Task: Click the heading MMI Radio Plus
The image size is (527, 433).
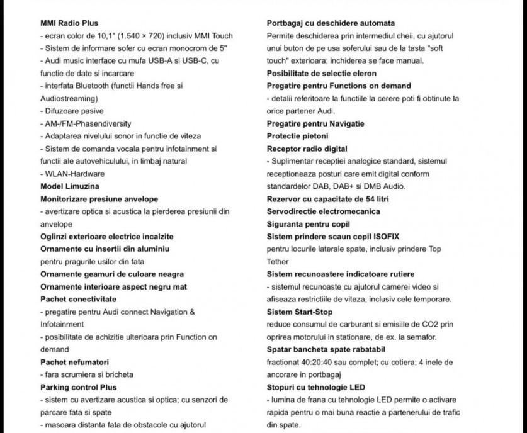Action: (x=69, y=23)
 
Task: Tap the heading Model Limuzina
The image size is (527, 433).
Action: (x=70, y=186)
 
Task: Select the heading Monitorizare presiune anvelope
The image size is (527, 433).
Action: (x=99, y=199)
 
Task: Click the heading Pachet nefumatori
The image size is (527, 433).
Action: (x=74, y=362)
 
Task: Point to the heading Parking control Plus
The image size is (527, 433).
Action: (x=78, y=387)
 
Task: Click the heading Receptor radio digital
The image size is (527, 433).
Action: (x=307, y=149)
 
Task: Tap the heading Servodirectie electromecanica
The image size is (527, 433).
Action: (x=323, y=211)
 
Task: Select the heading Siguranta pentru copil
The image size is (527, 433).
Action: (x=308, y=224)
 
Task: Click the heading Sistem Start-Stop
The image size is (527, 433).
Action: (x=300, y=312)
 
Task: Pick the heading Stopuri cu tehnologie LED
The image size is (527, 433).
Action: (x=315, y=387)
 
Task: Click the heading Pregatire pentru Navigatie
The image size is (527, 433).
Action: (x=315, y=123)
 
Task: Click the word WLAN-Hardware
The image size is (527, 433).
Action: (x=75, y=174)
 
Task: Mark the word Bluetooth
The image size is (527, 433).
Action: (x=93, y=86)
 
